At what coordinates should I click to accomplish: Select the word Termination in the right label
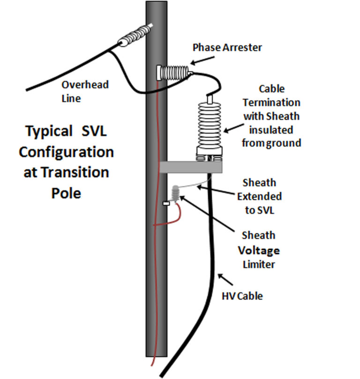278,102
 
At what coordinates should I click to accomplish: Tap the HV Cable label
242,296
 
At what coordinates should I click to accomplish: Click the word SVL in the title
92,131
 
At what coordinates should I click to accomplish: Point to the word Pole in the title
66,193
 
